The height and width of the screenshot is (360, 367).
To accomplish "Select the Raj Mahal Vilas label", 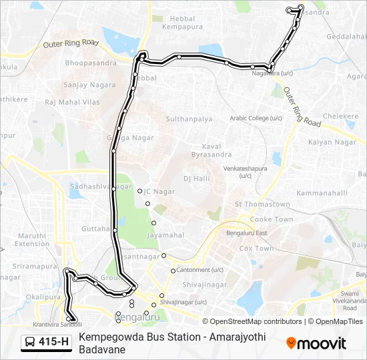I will pos(72,102).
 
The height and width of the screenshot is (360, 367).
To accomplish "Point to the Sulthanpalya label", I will pos(189,119).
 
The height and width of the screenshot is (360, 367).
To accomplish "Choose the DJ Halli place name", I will pos(196,178).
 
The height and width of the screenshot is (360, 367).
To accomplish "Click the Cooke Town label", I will pos(271,219).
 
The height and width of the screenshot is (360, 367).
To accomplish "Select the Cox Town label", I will pos(256,248).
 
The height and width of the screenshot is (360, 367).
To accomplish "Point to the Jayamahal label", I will pos(165,235).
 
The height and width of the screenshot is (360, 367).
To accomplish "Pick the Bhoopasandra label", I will pos(90,63).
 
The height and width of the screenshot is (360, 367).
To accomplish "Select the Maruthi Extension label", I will pos(32,239).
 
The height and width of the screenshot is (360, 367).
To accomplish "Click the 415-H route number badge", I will pos(46,343).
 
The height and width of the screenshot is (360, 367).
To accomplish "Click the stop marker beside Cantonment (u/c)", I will pos(173,271).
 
